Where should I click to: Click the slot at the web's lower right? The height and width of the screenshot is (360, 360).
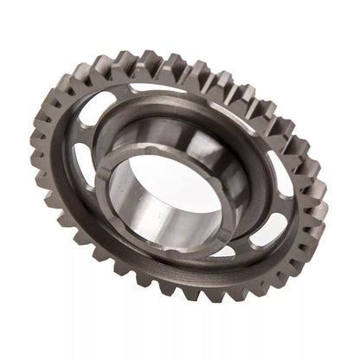pos(267,229)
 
